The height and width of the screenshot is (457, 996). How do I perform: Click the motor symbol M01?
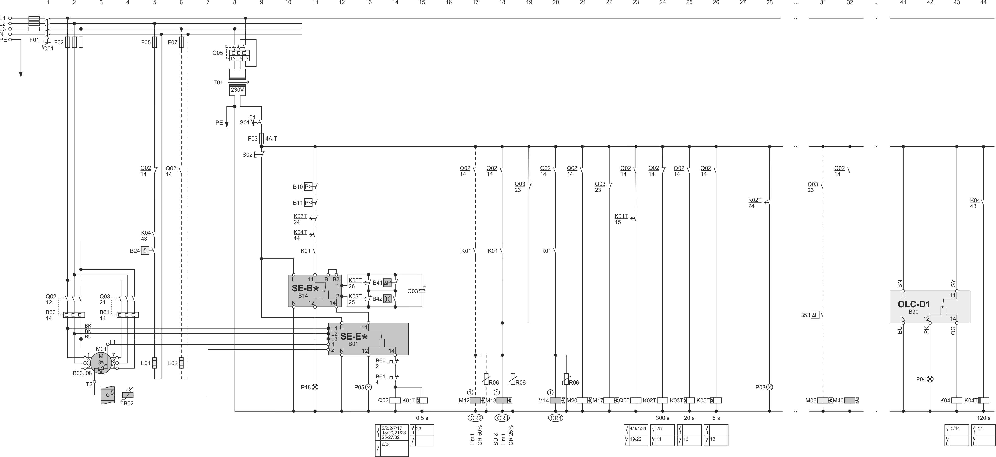click(101, 363)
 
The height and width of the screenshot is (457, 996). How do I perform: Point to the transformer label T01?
click(218, 82)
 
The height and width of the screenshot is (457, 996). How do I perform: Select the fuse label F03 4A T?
click(263, 139)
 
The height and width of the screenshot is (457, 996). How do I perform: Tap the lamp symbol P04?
click(930, 379)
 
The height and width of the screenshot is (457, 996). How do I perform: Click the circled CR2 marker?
click(475, 418)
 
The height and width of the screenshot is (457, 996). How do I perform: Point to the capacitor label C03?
click(413, 291)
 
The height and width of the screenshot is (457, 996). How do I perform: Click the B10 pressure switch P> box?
click(308, 187)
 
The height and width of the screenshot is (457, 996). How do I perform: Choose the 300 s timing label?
click(662, 418)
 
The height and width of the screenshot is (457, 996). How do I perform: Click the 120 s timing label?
click(983, 418)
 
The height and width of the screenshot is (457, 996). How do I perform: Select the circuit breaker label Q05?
click(217, 53)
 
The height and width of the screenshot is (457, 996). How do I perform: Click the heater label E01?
click(145, 363)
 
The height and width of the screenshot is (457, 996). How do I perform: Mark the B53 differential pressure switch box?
click(815, 315)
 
